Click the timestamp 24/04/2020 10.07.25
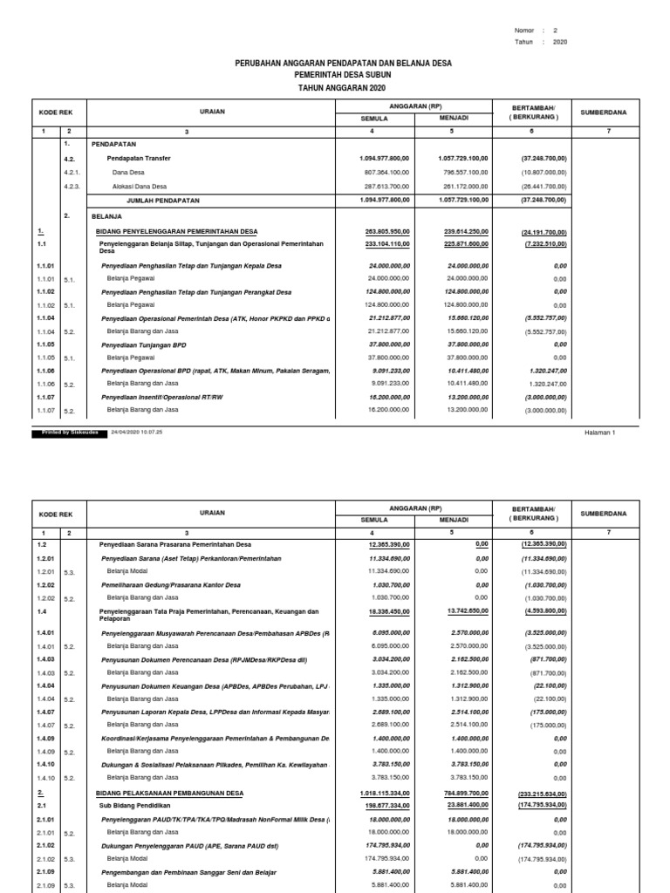pyautogui.click(x=137, y=432)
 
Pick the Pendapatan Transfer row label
pyautogui.click(x=139, y=158)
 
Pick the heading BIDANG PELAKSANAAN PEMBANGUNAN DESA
pyautogui.click(x=169, y=793)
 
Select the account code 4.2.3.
pyautogui.click(x=73, y=187)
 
